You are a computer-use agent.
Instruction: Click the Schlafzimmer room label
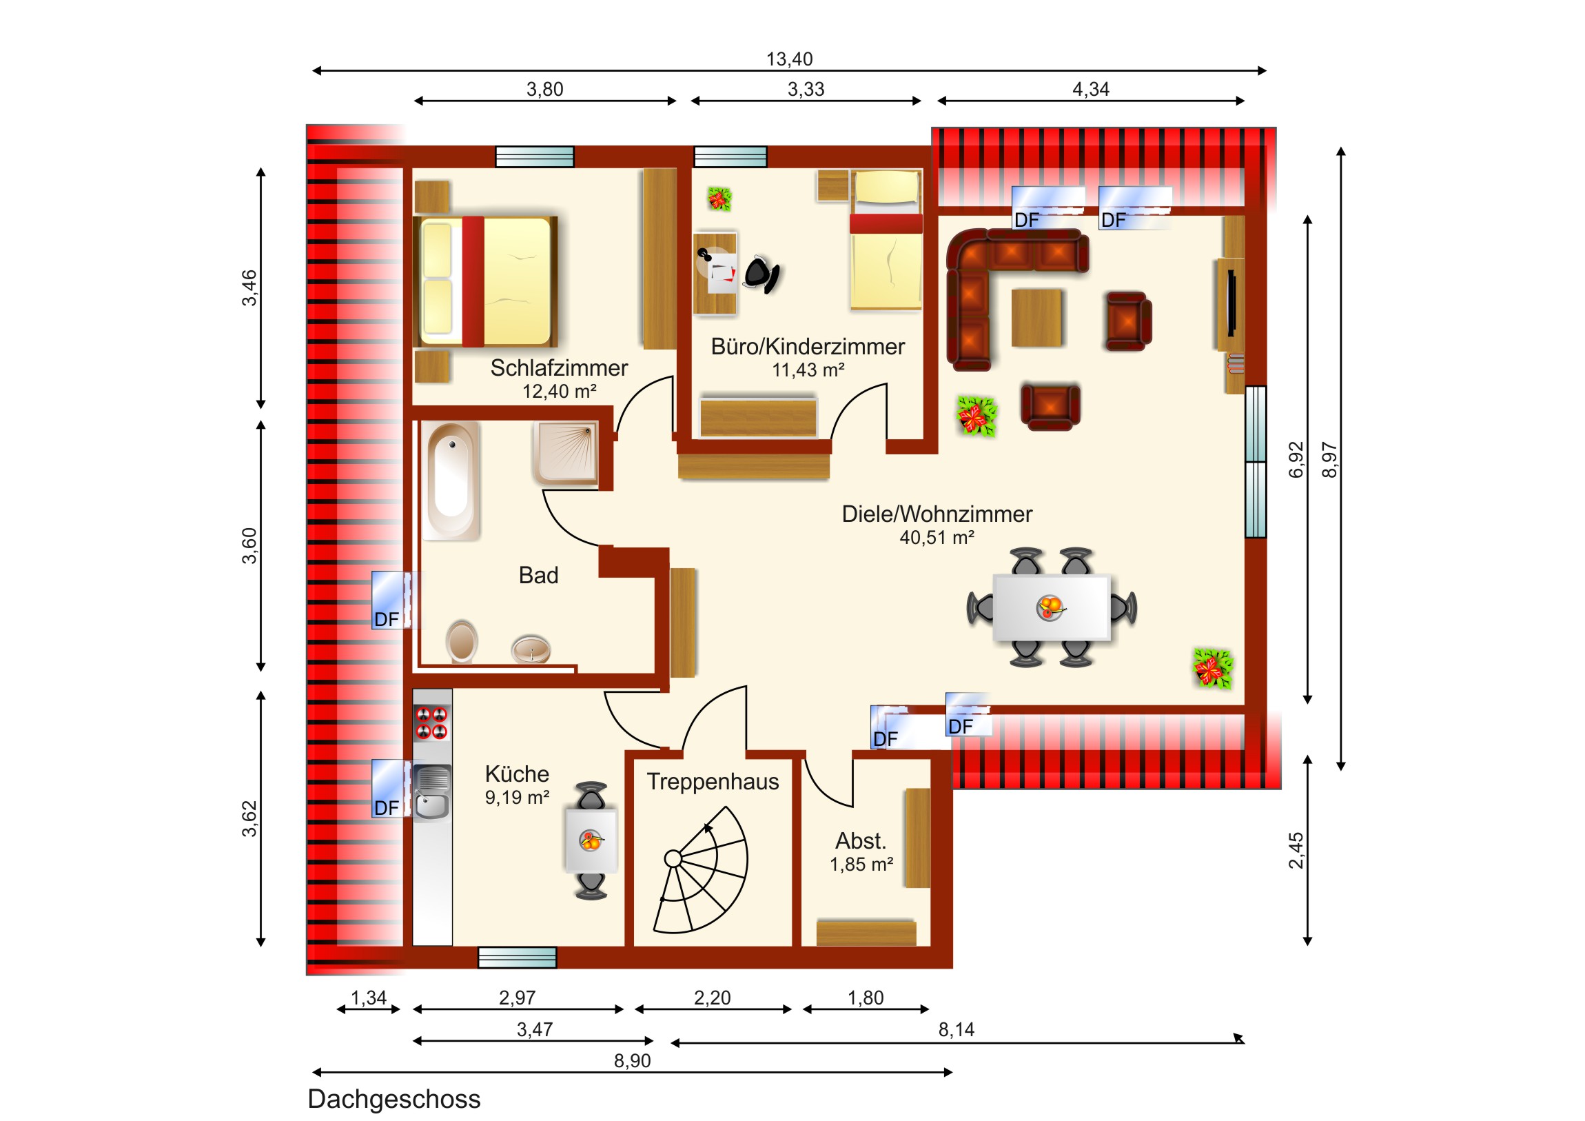point(558,368)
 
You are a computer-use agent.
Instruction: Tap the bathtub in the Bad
point(451,481)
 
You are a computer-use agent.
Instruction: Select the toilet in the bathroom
point(461,642)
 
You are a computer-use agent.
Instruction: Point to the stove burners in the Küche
point(431,723)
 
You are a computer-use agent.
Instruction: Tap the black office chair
point(761,274)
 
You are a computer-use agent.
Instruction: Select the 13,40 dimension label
point(789,59)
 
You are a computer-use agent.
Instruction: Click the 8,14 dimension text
point(956,1030)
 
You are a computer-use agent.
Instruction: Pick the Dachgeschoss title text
point(394,1099)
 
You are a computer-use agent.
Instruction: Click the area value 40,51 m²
point(937,537)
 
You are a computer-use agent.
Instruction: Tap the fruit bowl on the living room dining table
point(1051,607)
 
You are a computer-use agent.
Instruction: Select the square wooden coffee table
point(1036,318)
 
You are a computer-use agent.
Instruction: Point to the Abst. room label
point(860,840)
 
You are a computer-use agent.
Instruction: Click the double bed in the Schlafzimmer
point(485,281)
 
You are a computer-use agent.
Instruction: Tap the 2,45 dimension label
point(1296,850)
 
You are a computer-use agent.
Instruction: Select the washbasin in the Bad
point(530,649)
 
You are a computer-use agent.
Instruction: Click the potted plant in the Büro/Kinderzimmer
point(719,199)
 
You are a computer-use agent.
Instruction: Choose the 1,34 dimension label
point(369,998)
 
